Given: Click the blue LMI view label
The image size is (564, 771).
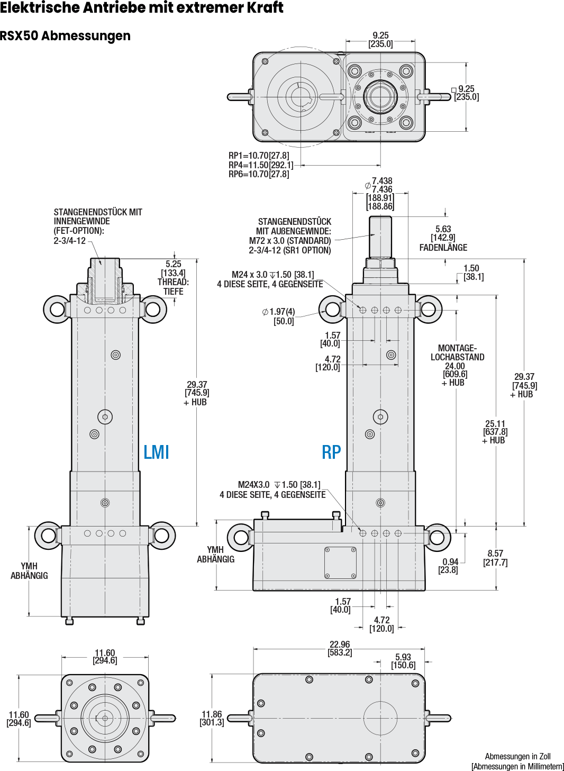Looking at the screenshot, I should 156,452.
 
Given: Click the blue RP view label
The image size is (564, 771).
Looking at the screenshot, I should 331,452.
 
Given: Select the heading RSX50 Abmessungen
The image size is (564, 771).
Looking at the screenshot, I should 65,36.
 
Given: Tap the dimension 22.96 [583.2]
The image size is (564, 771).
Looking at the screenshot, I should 340,648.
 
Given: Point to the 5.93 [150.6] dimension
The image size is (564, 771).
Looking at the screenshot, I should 403,661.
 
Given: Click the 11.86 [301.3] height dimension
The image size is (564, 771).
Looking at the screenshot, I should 212,718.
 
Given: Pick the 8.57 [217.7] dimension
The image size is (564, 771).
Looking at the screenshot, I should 495,558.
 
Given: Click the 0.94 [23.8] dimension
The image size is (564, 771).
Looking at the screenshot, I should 449,566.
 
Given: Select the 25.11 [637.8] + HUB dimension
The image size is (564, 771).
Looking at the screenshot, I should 495,432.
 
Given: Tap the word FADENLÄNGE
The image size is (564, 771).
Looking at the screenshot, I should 443,248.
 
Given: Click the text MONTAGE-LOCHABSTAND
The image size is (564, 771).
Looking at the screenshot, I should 458,352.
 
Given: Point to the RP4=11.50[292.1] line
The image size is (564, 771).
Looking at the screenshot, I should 260,165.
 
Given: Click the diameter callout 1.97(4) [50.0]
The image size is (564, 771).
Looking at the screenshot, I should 280,316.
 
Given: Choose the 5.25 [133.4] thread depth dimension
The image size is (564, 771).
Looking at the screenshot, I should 174,268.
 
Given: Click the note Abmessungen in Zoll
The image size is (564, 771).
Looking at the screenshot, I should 517,757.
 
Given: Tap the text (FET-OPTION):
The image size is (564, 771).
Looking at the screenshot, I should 79,231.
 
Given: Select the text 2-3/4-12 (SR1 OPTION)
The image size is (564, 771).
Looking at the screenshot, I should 290,250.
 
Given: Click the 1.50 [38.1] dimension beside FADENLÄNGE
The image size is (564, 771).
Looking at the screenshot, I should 472,273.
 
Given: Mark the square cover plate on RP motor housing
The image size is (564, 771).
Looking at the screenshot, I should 340,563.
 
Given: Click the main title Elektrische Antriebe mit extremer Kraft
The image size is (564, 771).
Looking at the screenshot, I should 142,8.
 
